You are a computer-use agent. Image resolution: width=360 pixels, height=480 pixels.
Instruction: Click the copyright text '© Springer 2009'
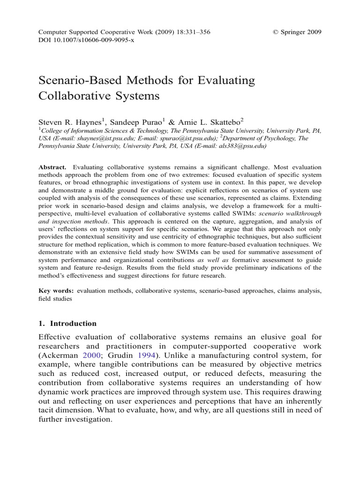(x=297, y=32)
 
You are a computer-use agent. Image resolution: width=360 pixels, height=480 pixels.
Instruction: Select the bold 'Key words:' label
(x=56, y=291)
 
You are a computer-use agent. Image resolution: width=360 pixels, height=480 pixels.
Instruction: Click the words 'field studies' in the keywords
(x=55, y=299)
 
